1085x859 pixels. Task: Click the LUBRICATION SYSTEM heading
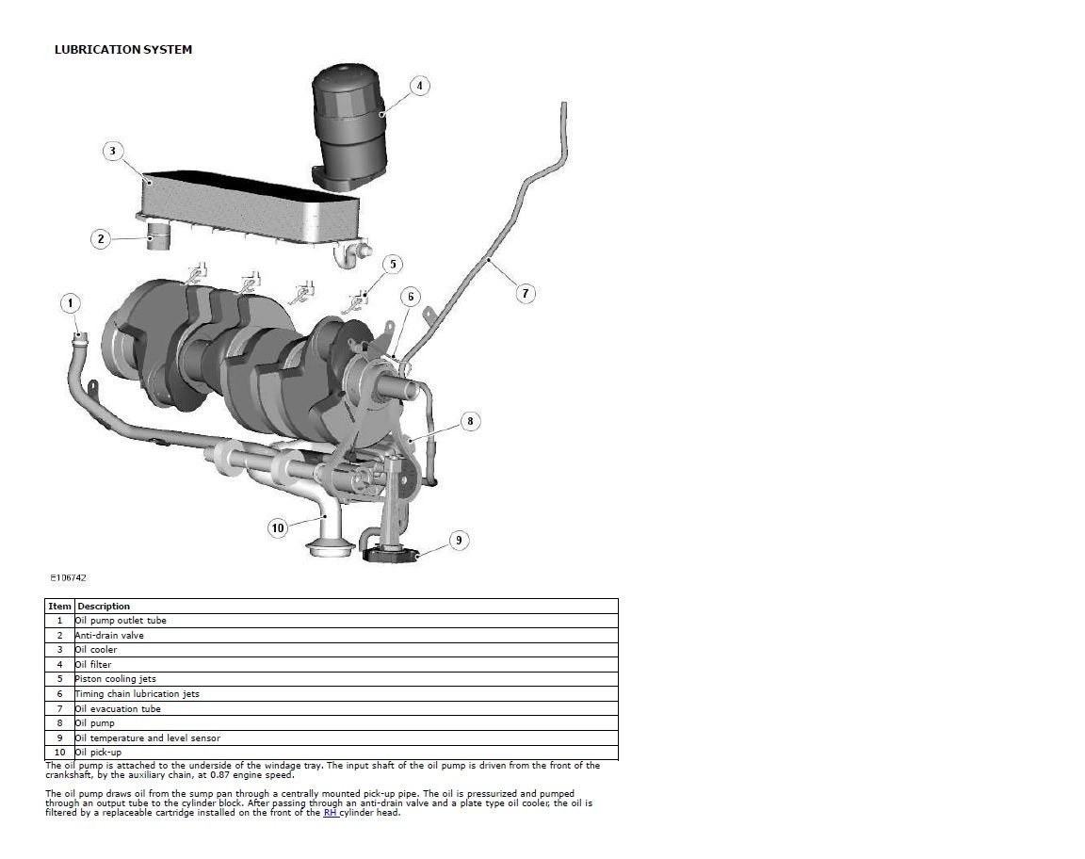(x=123, y=50)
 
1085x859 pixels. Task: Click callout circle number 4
(x=419, y=86)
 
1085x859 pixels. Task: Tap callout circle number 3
(x=113, y=151)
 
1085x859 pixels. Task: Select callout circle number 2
(x=101, y=239)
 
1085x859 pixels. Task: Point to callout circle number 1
(x=70, y=303)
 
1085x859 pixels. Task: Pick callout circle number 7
(x=526, y=294)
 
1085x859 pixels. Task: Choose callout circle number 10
(x=278, y=528)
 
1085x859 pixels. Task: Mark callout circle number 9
(x=459, y=540)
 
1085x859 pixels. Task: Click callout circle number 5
(x=393, y=264)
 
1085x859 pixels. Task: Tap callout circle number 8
(x=471, y=421)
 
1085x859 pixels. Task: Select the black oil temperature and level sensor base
(x=392, y=553)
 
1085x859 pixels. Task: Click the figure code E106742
(x=68, y=577)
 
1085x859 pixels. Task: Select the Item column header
(x=59, y=607)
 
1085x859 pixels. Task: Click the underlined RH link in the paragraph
(x=330, y=813)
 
